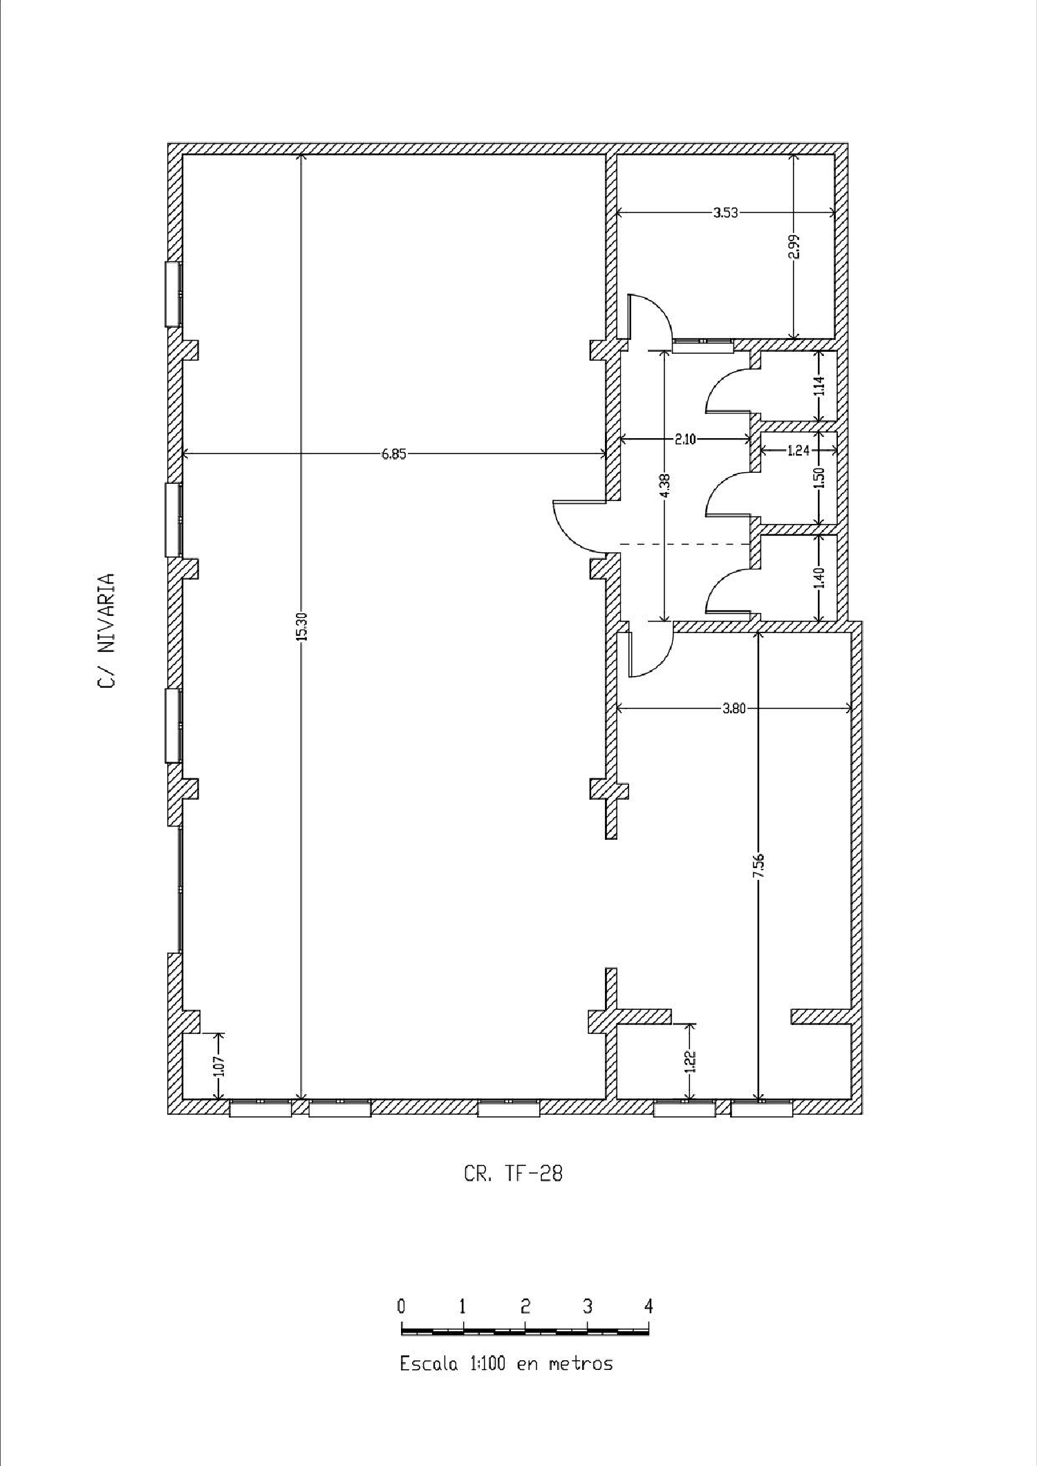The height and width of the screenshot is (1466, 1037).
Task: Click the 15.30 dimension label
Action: point(301,627)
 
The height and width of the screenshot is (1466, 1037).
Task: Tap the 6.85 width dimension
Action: point(394,454)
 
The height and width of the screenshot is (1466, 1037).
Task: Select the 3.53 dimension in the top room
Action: point(725,213)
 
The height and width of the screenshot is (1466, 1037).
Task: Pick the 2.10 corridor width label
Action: point(684,439)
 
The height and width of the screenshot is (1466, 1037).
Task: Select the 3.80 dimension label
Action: point(734,708)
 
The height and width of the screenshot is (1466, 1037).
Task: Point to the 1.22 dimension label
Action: point(689,1061)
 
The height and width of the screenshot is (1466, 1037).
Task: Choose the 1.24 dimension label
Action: point(798,451)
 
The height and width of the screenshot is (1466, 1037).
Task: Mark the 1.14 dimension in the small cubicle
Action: point(819,385)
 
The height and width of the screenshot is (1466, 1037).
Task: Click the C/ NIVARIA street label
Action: point(106,630)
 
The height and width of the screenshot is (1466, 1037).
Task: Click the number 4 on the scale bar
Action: point(648,1306)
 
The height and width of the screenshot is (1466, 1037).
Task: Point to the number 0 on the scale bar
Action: point(402,1306)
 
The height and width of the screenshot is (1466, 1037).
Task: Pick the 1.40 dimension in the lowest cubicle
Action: point(819,577)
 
